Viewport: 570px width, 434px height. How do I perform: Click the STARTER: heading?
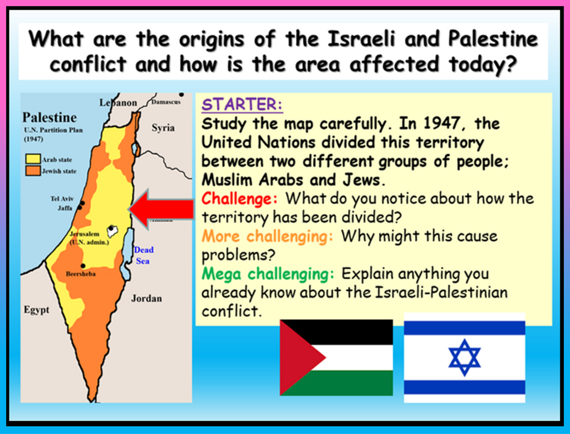242,105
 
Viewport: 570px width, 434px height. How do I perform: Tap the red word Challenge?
239,199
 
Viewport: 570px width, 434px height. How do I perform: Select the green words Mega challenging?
268,274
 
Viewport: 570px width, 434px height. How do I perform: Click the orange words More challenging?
267,236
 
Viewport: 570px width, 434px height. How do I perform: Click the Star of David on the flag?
464,357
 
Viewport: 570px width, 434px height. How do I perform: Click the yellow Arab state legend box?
33,159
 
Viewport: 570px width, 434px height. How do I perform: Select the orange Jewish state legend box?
33,170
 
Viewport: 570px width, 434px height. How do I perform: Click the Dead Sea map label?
144,255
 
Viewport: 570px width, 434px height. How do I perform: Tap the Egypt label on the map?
36,310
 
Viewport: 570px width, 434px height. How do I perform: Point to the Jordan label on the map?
146,298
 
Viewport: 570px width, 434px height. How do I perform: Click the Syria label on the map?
163,128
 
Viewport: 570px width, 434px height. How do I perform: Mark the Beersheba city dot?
83,266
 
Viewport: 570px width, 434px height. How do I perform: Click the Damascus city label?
166,102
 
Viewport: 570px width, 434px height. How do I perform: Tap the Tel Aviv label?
62,199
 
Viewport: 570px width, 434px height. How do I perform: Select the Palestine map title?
50,117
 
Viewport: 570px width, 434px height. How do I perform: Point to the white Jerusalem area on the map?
112,231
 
